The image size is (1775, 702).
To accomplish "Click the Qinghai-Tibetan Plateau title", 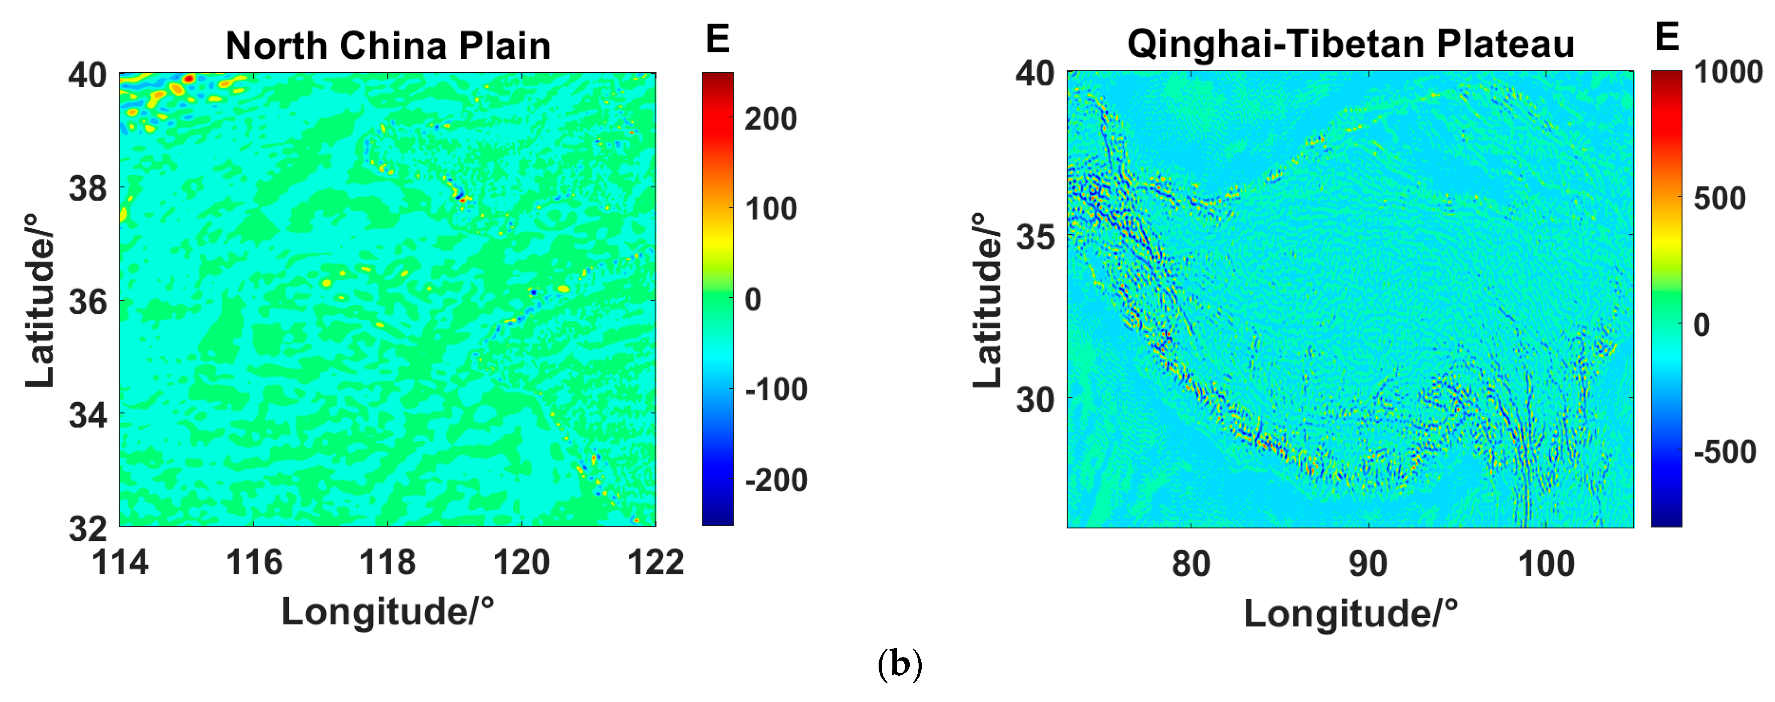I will (1351, 44).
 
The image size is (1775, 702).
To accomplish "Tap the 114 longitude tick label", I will (120, 562).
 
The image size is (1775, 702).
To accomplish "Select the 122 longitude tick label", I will (655, 562).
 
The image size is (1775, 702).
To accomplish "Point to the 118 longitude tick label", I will (387, 562).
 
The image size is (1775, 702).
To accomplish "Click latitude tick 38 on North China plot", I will (88, 188).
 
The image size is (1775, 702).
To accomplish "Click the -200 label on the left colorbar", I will (776, 480).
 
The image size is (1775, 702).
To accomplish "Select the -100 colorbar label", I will (776, 390).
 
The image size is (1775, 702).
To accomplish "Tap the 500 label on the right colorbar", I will (1720, 198).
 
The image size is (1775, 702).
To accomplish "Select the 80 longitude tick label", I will (1191, 564).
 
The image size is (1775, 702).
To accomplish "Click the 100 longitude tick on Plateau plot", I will (1546, 564).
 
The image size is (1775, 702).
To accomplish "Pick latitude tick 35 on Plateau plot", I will (1035, 237).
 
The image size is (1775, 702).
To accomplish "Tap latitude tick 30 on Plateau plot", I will (1035, 399).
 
